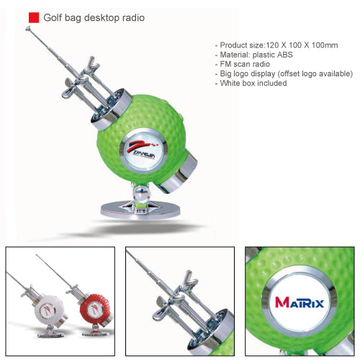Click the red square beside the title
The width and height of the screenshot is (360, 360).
coord(34,18)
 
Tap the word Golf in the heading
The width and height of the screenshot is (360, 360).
coord(53,18)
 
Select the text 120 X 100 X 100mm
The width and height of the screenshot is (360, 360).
coord(302,45)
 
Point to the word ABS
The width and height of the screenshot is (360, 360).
coord(284,55)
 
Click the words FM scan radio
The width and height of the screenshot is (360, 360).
coord(245,64)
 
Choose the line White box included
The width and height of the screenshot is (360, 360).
coord(253,83)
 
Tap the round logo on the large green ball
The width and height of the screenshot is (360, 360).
coord(143,150)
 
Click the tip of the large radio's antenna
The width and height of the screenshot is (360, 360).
coord(27,28)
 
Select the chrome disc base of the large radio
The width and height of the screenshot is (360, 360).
coord(140,210)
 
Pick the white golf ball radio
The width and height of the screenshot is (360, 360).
coord(48,311)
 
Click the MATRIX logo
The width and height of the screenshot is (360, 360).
coord(300,302)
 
